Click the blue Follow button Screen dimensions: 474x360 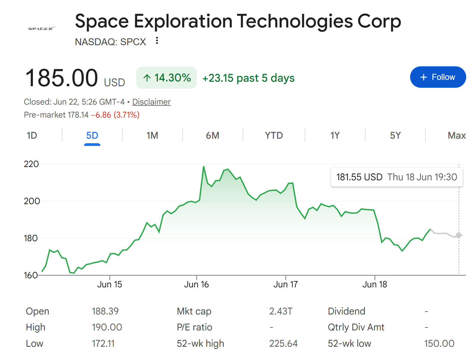pyautogui.click(x=438, y=77)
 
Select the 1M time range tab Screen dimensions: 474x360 pyautogui.click(x=152, y=135)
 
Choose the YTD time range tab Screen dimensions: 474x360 pyautogui.click(x=274, y=135)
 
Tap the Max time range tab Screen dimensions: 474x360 pyautogui.click(x=457, y=135)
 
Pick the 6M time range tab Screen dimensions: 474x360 pyautogui.click(x=212, y=135)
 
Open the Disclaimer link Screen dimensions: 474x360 pyautogui.click(x=151, y=102)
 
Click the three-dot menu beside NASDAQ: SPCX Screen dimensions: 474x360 pyautogui.click(x=157, y=40)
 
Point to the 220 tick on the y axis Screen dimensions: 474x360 pyautogui.click(x=31, y=164)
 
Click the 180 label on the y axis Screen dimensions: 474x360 pyautogui.click(x=31, y=238)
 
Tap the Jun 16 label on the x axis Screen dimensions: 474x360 pyautogui.click(x=196, y=284)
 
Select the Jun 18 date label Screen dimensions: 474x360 pyautogui.click(x=375, y=284)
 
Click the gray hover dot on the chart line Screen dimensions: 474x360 pyautogui.click(x=458, y=235)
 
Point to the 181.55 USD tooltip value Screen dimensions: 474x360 pyautogui.click(x=359, y=177)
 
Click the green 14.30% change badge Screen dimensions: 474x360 pyautogui.click(x=166, y=77)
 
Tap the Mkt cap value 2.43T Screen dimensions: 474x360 pyautogui.click(x=281, y=311)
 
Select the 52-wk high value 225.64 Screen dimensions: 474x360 pyautogui.click(x=283, y=343)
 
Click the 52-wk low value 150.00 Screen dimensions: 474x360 pyautogui.click(x=439, y=343)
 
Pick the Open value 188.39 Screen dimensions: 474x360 pyautogui.click(x=105, y=311)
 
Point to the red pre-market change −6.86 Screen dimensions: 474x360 pyautogui.click(x=101, y=115)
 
